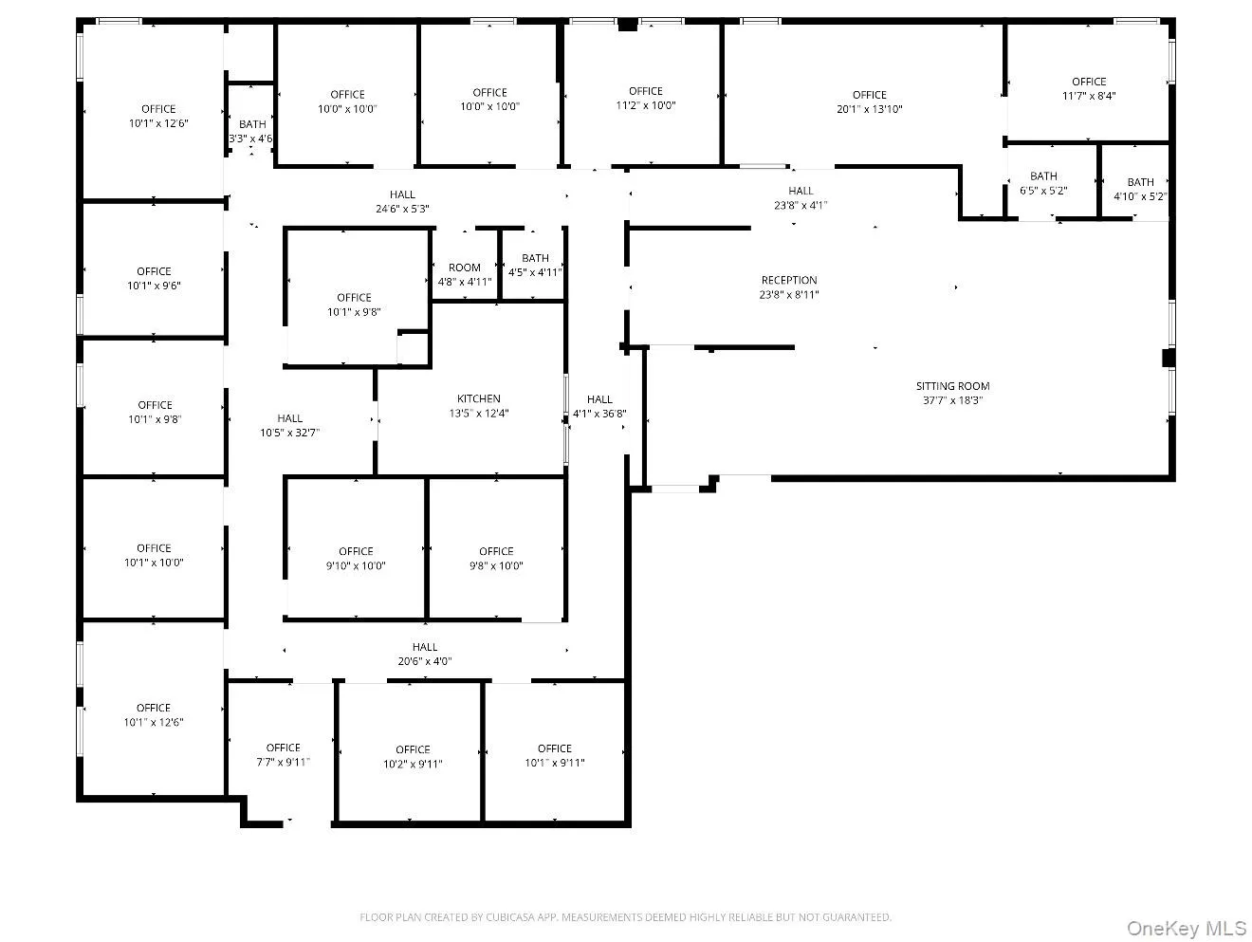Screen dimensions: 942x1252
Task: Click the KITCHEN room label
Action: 478,399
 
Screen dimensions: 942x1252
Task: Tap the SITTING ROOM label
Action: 952,386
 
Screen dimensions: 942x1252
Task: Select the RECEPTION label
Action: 789,281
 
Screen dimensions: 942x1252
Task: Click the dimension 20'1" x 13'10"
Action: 869,109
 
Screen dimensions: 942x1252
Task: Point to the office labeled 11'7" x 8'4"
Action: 1089,88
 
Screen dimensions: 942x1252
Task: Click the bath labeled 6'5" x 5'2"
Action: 1043,183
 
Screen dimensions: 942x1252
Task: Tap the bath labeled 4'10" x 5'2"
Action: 1140,189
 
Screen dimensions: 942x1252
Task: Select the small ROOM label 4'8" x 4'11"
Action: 465,274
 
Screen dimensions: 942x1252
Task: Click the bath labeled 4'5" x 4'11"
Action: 535,265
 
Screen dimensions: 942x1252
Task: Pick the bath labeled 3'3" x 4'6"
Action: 251,131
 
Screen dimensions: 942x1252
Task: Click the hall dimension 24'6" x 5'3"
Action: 402,209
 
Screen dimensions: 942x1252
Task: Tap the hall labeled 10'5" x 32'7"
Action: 290,425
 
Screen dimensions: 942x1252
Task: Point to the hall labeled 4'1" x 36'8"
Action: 599,406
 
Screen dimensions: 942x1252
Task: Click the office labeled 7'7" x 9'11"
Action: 283,754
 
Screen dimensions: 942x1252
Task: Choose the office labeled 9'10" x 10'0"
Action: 356,558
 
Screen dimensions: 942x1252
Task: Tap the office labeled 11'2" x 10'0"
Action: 646,99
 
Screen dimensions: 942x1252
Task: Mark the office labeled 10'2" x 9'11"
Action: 413,756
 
